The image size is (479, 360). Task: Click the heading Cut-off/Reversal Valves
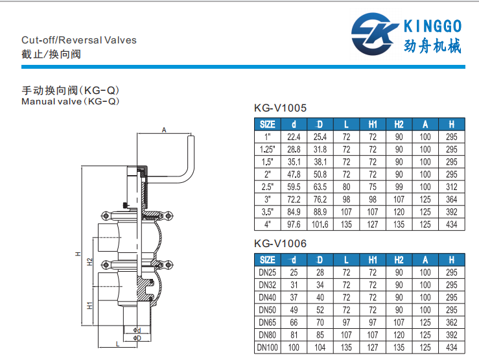pyautogui.click(x=79, y=40)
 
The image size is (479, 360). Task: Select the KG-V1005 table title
pyautogui.click(x=280, y=108)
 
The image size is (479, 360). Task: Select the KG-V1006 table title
pyautogui.click(x=280, y=243)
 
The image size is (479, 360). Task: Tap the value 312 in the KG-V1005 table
pyautogui.click(x=452, y=187)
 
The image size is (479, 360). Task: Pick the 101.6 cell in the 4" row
pyautogui.click(x=320, y=224)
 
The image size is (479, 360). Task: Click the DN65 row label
pyautogui.click(x=267, y=322)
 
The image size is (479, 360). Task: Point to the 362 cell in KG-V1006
pyautogui.click(x=452, y=322)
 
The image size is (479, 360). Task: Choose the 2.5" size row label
pyautogui.click(x=267, y=187)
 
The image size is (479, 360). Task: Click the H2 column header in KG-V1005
pyautogui.click(x=399, y=125)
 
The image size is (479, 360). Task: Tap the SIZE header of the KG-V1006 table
pyautogui.click(x=267, y=260)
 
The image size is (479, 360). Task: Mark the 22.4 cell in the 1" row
pyautogui.click(x=294, y=137)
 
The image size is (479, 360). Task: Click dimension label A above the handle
pyautogui.click(x=164, y=130)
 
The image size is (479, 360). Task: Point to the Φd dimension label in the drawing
pyautogui.click(x=137, y=330)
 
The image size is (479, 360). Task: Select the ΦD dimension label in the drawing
pyautogui.click(x=137, y=338)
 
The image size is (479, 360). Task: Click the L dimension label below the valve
pyautogui.click(x=117, y=344)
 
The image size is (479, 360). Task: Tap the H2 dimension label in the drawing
pyautogui.click(x=89, y=262)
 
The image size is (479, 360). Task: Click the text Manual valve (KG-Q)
pyautogui.click(x=70, y=101)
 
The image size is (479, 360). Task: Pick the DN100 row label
pyautogui.click(x=267, y=348)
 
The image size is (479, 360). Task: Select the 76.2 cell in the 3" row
pyautogui.click(x=320, y=200)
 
